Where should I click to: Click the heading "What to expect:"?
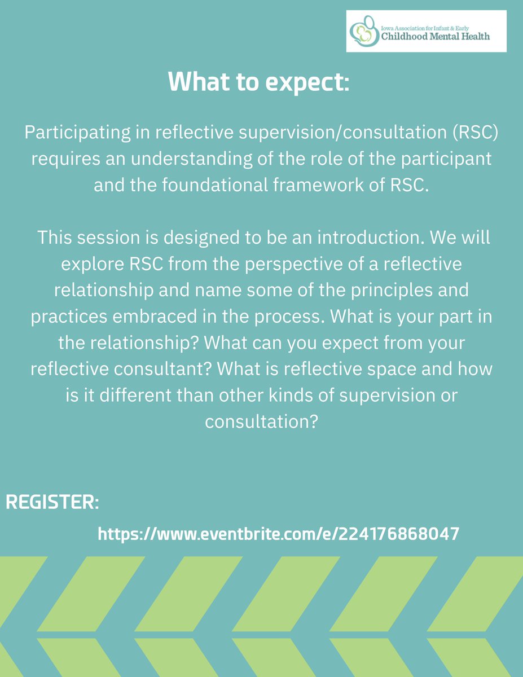[259, 82]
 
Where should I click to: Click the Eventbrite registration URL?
[278, 534]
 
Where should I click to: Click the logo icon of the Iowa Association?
[362, 33]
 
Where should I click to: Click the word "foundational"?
[190, 186]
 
